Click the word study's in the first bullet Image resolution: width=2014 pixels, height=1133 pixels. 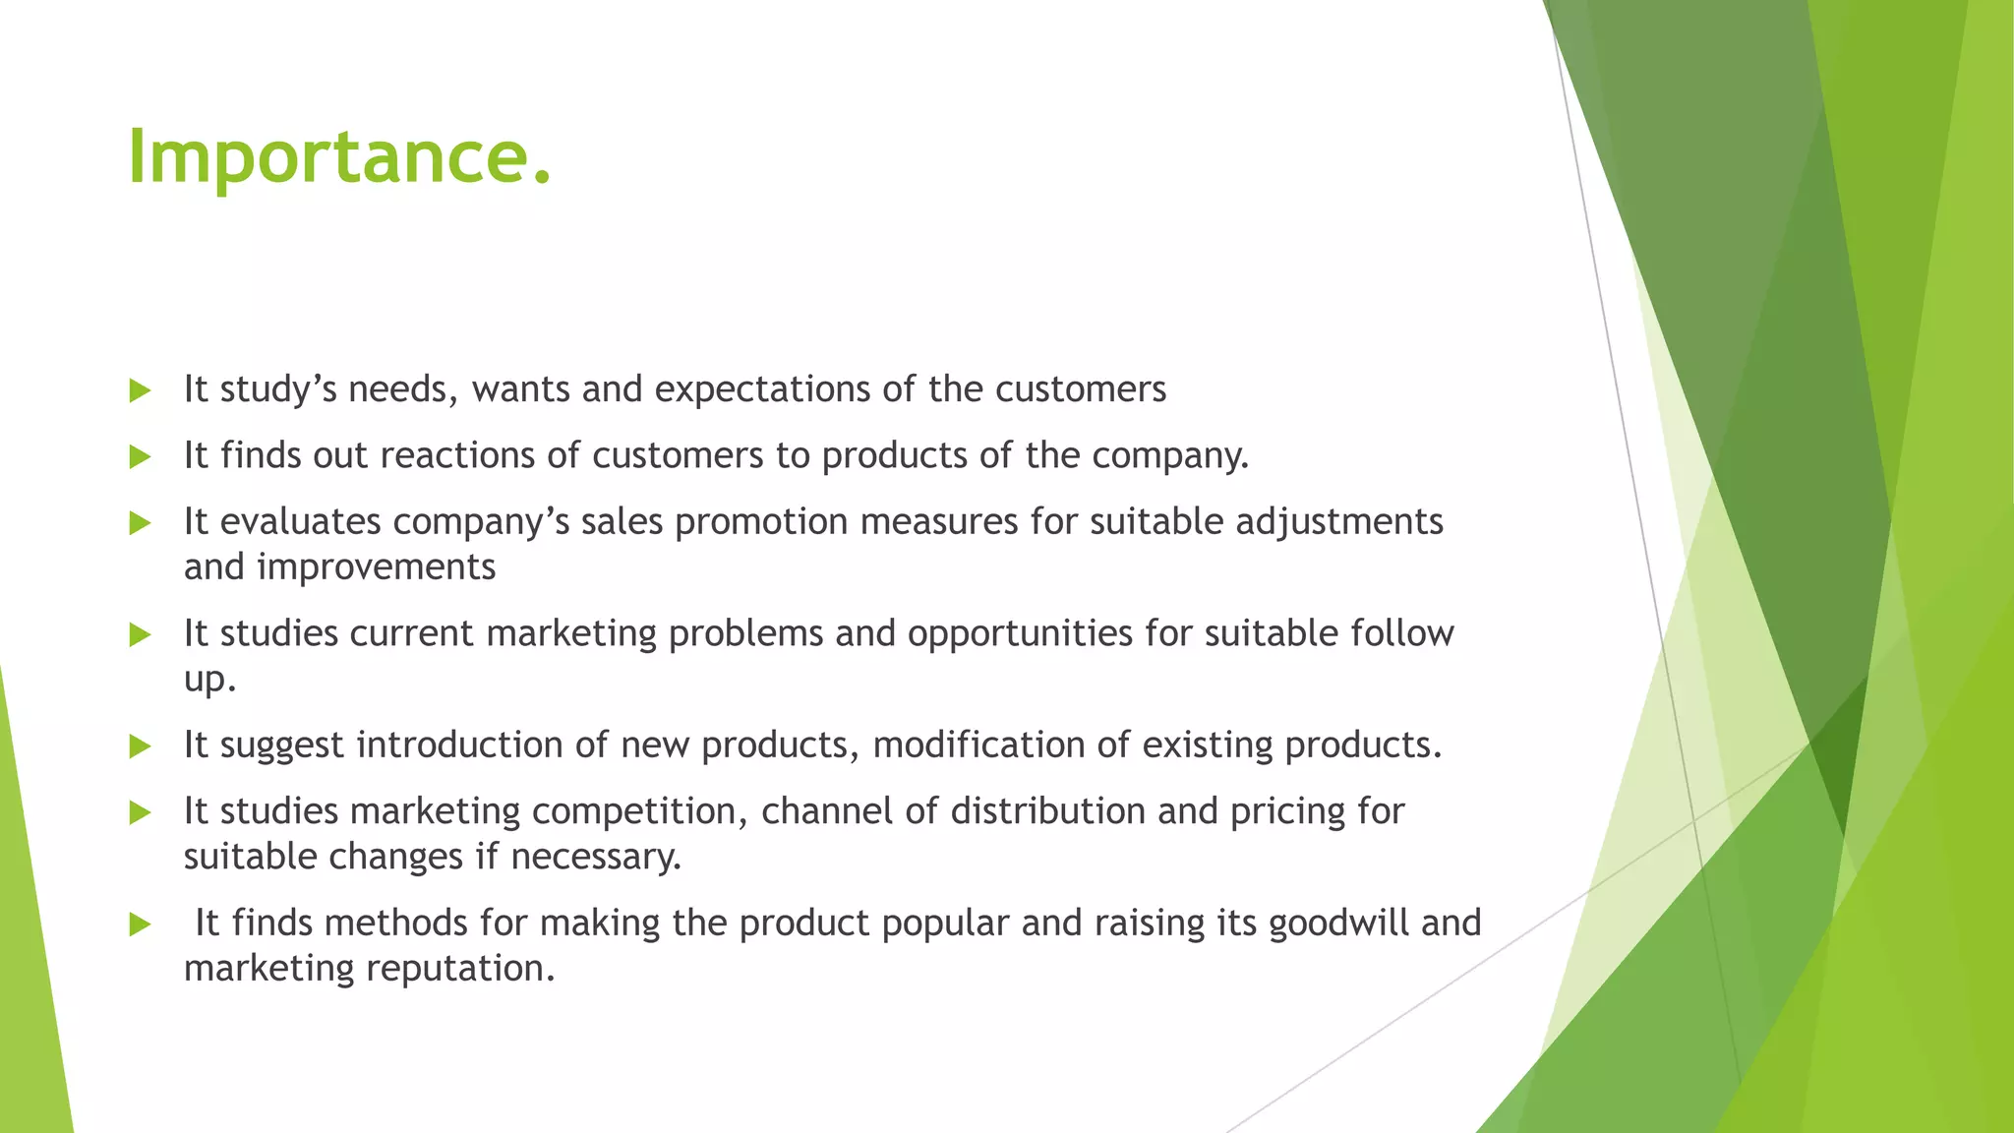[x=278, y=390]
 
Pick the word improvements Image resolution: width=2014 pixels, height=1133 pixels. [x=377, y=567]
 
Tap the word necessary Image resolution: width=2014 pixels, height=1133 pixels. [x=596, y=858]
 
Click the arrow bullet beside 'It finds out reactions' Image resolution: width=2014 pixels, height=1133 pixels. [x=140, y=457]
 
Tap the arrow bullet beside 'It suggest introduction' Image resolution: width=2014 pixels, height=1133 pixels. [x=140, y=747]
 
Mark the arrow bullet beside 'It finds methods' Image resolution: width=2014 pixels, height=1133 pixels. [x=140, y=924]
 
